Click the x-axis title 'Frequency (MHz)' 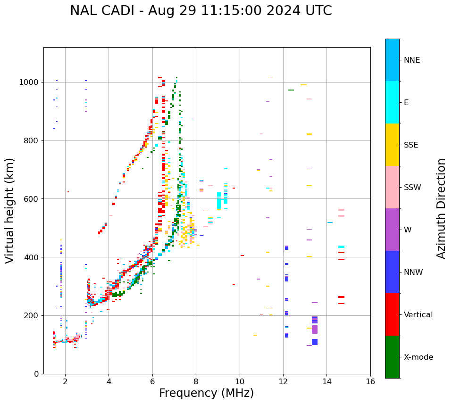coord(206,393)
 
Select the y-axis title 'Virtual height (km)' coord(10,210)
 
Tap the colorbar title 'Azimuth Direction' coord(441,208)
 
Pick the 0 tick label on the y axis coord(36,374)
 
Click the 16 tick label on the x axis coord(370,381)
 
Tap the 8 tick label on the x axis coord(196,381)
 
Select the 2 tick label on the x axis coord(65,381)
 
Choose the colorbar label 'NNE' coord(411,60)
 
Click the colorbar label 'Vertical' coord(418,315)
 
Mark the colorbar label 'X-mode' coord(418,357)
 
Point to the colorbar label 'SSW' coord(412,188)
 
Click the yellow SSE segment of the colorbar coord(392,144)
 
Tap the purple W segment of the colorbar coord(392,230)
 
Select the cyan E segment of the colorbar coord(392,102)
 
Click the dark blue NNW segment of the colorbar coord(392,272)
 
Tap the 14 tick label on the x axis coord(327,381)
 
